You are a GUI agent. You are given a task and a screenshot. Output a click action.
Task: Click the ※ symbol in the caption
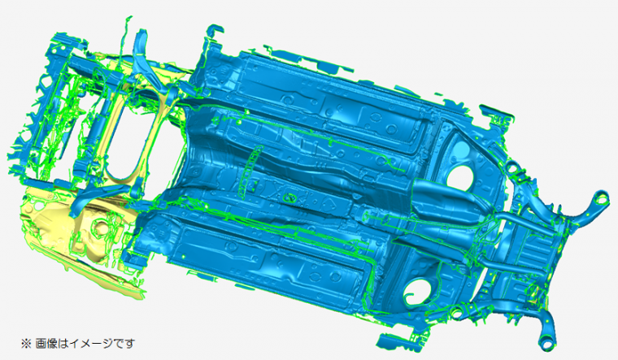point(26,344)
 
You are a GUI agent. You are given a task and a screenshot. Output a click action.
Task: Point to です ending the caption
point(124,344)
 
